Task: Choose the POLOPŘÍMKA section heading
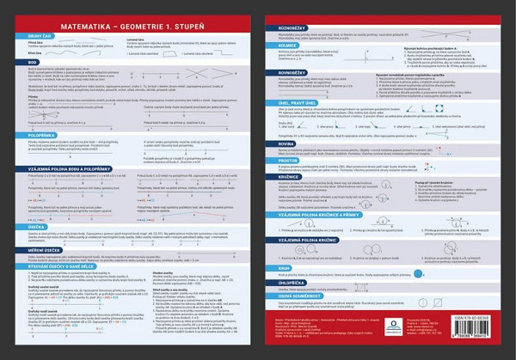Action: coord(35,134)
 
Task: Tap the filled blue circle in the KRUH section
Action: coord(418,273)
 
